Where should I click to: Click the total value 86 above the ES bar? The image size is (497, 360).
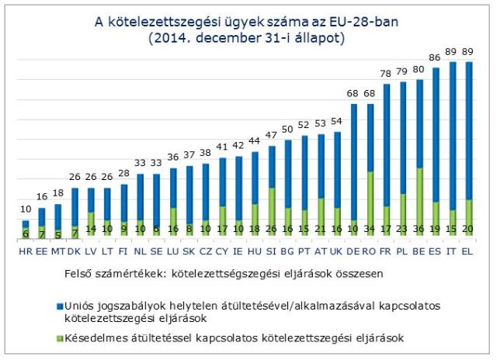(436, 57)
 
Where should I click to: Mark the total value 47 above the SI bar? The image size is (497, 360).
(271, 135)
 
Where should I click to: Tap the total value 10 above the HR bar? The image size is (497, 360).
(25, 209)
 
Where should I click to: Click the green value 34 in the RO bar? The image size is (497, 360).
(370, 230)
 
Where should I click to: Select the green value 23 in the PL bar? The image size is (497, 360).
(402, 230)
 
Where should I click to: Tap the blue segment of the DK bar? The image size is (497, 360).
(75, 206)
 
